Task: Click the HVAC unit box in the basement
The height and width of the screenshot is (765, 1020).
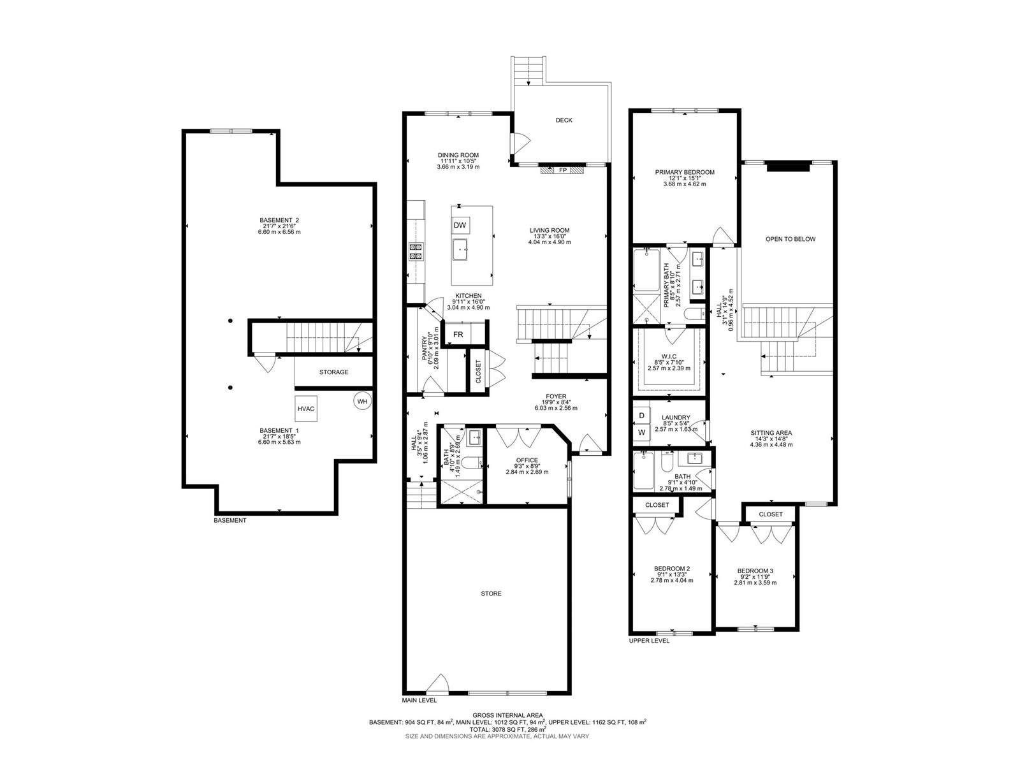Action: [x=306, y=408]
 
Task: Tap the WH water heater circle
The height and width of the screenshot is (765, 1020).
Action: [x=362, y=402]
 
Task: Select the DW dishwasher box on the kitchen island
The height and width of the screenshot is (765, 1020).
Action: [x=460, y=225]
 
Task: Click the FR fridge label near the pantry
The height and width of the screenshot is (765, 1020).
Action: [x=458, y=334]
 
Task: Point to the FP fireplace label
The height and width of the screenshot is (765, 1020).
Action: [x=563, y=170]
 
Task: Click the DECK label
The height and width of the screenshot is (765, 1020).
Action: [x=564, y=120]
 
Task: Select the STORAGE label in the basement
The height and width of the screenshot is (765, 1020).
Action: [x=333, y=372]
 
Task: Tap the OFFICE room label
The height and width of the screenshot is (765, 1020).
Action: [x=527, y=460]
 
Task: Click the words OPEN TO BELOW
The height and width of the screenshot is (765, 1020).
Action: [x=790, y=239]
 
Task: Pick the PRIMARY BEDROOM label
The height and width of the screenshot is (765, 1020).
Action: [x=685, y=172]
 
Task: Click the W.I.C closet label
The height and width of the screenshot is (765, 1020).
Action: [x=669, y=356]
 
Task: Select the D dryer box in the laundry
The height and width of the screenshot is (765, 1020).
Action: [x=642, y=415]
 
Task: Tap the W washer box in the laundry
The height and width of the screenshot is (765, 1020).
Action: [x=642, y=432]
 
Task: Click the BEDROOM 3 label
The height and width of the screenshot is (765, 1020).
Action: [x=755, y=571]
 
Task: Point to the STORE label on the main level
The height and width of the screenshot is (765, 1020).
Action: [x=491, y=593]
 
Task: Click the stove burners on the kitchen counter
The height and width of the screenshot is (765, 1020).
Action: [x=416, y=251]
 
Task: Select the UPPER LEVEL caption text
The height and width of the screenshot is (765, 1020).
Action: [x=649, y=641]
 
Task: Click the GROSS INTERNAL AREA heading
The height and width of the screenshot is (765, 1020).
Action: [x=507, y=715]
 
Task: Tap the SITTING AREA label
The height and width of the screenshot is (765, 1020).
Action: [x=771, y=433]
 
